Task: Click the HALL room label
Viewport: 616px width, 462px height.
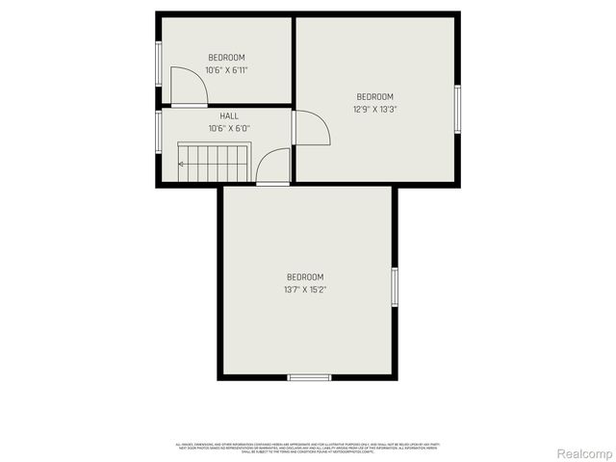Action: [228, 115]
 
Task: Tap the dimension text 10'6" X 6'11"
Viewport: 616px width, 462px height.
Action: [227, 70]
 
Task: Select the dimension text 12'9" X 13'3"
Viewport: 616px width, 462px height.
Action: [374, 109]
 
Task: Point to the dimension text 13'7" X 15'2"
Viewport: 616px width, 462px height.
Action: [304, 289]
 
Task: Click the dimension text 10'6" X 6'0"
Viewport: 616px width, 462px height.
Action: [228, 128]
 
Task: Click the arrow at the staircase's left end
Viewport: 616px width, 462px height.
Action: [182, 164]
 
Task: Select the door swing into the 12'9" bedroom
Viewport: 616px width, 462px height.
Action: [311, 128]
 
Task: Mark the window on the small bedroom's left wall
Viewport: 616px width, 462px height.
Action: [159, 64]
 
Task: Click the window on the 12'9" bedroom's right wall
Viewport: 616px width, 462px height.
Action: [458, 108]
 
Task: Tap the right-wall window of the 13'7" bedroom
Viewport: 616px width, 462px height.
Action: [394, 288]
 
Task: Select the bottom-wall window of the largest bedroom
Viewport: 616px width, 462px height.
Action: [309, 376]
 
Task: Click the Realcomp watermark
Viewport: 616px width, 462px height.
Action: [584, 452]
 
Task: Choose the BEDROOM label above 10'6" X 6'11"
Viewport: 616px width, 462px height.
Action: [227, 58]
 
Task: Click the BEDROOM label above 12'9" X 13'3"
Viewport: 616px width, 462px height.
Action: [374, 96]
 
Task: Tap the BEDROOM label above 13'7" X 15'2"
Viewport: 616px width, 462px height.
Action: [304, 276]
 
